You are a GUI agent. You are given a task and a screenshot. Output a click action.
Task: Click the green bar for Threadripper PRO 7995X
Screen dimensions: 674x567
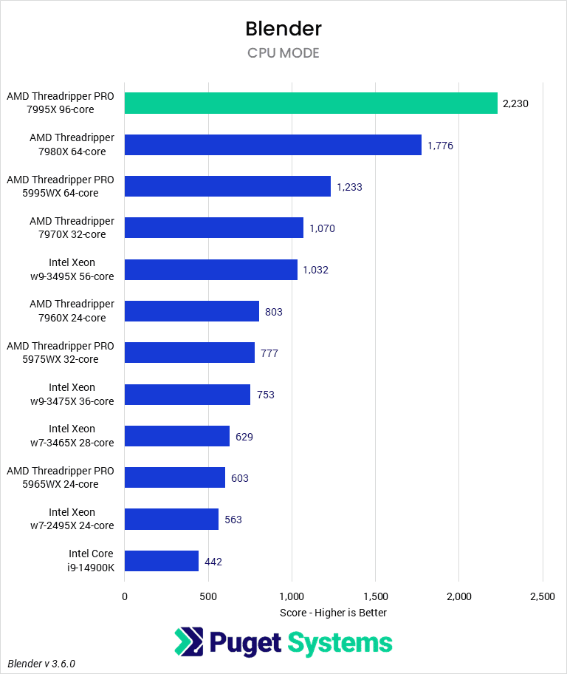click(311, 103)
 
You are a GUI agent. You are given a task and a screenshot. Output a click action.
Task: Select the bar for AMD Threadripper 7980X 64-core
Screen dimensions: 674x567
click(272, 145)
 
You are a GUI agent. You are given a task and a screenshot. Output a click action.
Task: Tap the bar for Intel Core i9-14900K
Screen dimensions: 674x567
click(162, 561)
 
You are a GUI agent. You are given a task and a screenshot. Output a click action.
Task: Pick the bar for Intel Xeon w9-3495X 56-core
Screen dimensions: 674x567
click(210, 270)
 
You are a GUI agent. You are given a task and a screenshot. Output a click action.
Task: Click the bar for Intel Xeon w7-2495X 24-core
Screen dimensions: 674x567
click(171, 520)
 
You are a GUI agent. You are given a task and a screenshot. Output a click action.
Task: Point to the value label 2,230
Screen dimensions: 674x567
click(515, 103)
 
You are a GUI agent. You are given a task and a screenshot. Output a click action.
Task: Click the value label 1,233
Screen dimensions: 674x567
click(349, 187)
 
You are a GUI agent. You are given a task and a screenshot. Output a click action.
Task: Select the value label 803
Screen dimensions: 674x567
click(274, 312)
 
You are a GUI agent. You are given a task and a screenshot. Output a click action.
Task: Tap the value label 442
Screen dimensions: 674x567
click(213, 562)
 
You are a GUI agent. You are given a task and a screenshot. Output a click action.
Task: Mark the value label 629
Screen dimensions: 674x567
click(244, 437)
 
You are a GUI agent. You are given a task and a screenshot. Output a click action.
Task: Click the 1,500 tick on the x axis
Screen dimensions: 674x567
click(375, 596)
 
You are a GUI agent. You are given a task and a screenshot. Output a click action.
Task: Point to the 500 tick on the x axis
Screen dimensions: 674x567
click(208, 596)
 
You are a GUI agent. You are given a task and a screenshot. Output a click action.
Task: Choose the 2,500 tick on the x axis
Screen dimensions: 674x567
click(542, 596)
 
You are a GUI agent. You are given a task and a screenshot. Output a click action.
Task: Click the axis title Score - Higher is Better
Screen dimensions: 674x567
click(334, 613)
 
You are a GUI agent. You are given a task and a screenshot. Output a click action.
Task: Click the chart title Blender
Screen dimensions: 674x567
click(283, 29)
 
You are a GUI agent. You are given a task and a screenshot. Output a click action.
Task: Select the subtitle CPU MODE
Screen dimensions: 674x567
click(283, 53)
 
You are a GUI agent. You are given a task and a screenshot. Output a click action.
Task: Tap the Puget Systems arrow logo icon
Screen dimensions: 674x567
click(189, 642)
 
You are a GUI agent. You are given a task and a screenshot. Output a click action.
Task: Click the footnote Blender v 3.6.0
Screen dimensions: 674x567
click(42, 664)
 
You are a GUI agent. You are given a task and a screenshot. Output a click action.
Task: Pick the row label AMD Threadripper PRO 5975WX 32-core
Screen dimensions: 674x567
click(61, 353)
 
